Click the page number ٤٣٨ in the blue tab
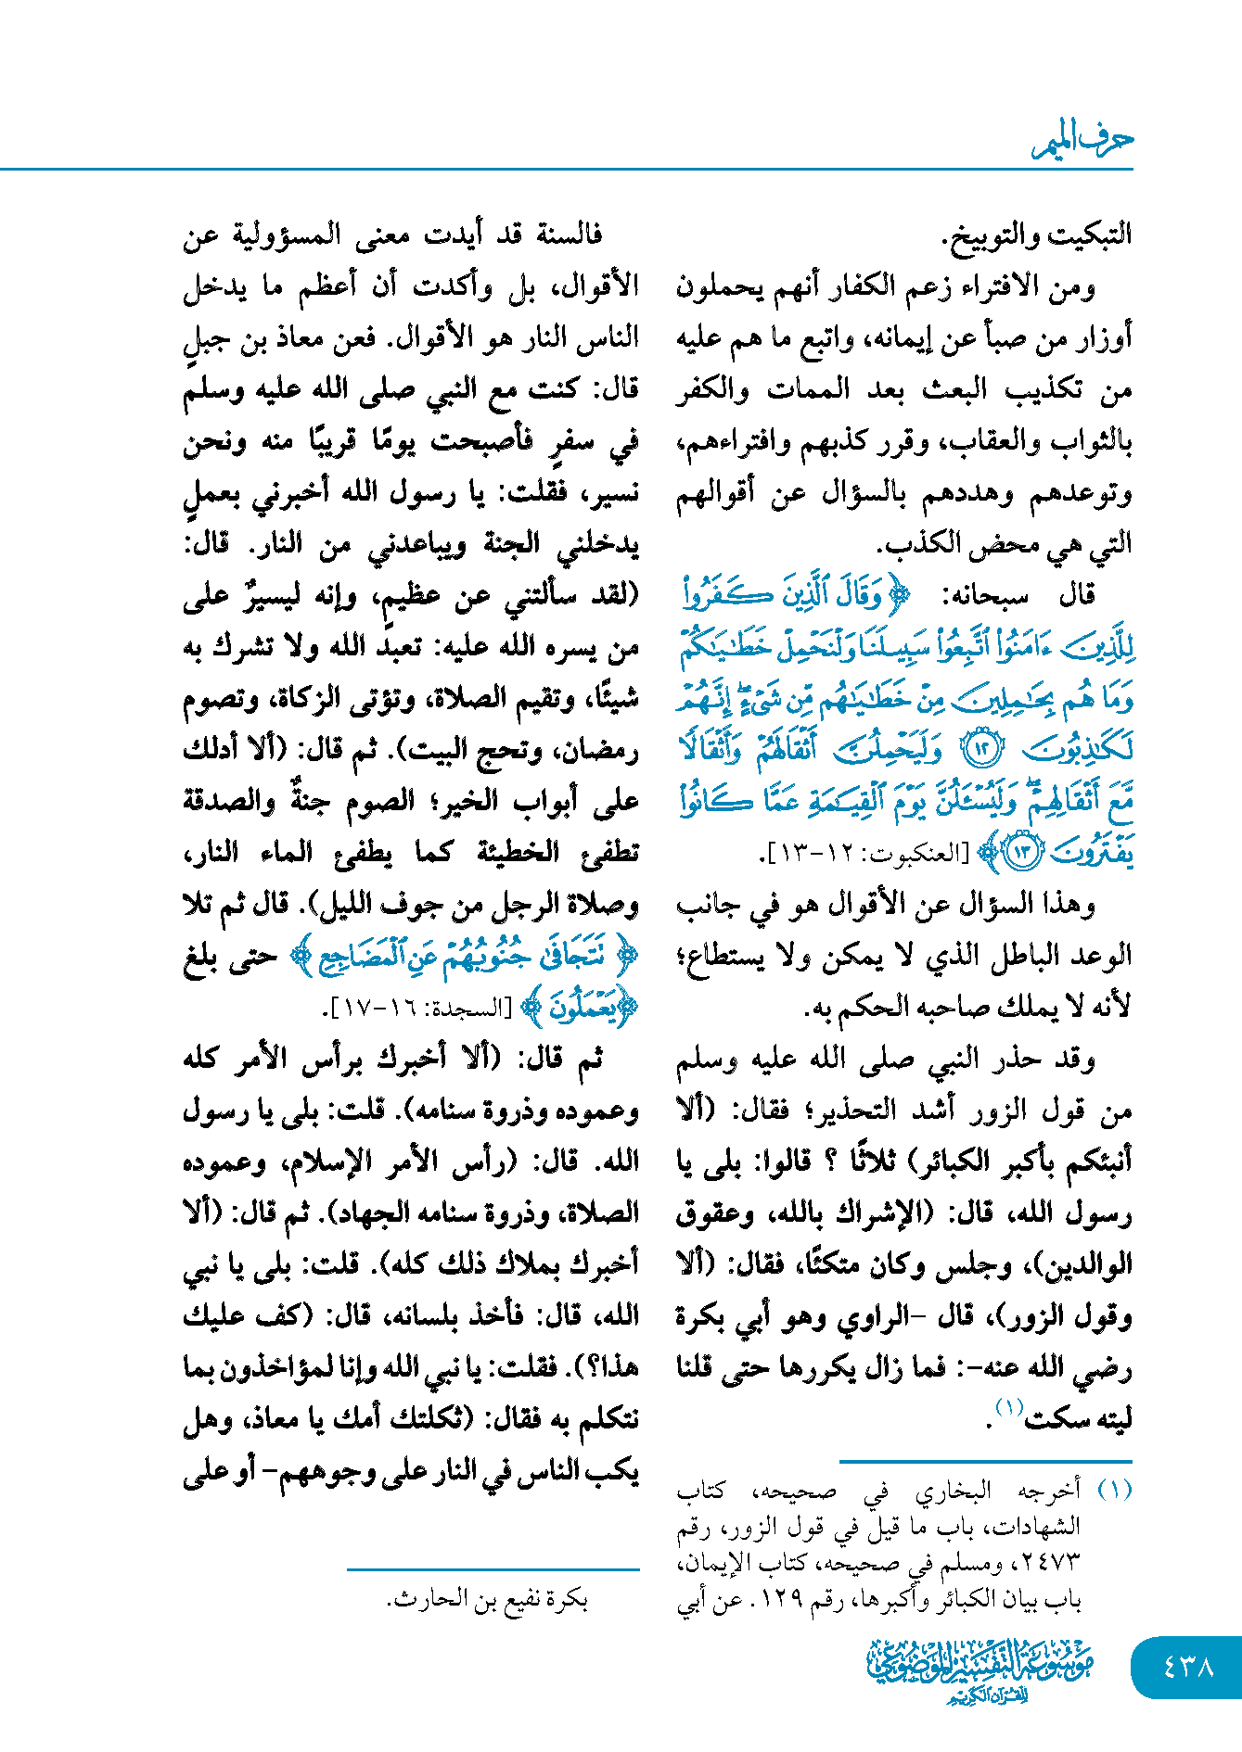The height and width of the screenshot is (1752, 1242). pyautogui.click(x=1187, y=1666)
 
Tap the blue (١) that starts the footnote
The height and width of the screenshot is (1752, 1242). pyautogui.click(x=1114, y=1490)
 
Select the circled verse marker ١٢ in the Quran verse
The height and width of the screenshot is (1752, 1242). pyautogui.click(x=981, y=749)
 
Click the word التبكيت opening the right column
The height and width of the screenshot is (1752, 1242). pyautogui.click(x=1086, y=234)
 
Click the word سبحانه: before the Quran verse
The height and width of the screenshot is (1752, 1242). pyautogui.click(x=985, y=595)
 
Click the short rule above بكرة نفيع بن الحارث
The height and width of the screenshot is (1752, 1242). pyautogui.click(x=493, y=1569)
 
